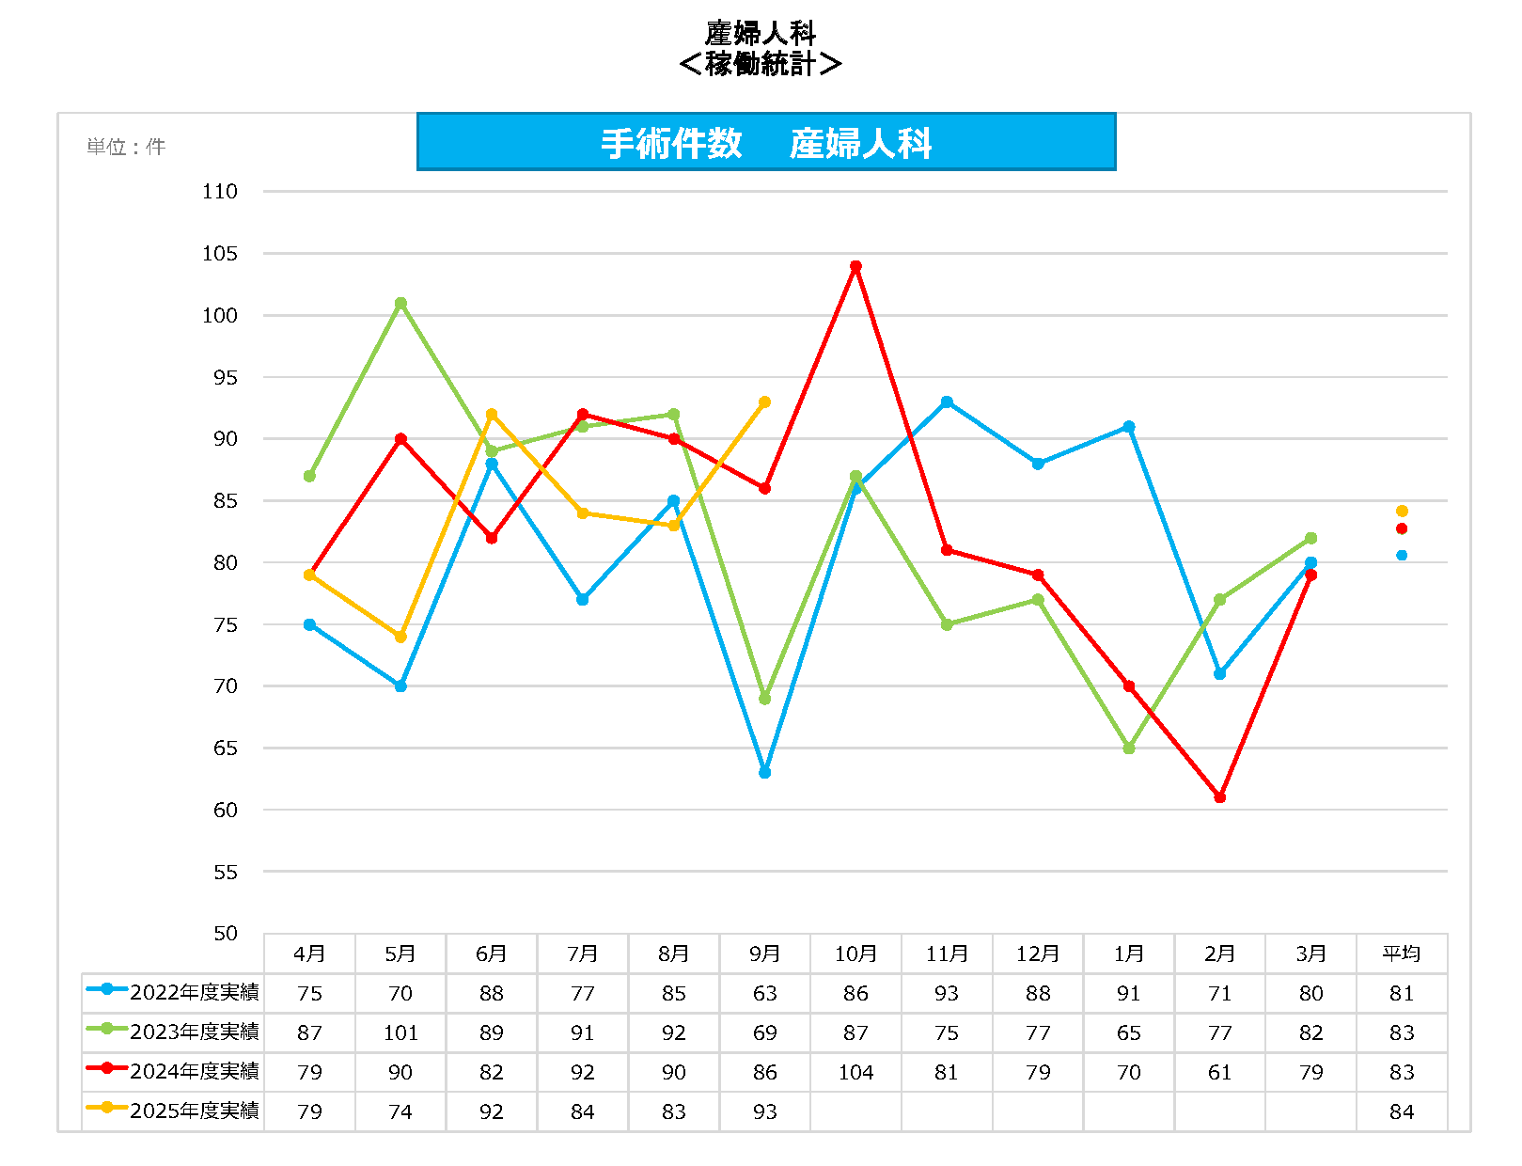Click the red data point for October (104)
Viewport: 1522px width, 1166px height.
(x=855, y=267)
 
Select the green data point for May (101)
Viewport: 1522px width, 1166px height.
(x=400, y=304)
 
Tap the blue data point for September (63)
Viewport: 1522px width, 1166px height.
(x=764, y=773)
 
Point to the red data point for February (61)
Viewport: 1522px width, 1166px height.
(x=1219, y=797)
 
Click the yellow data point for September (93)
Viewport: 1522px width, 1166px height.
(x=764, y=402)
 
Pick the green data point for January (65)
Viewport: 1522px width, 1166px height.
(x=1129, y=748)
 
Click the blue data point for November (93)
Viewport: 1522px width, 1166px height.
(x=947, y=402)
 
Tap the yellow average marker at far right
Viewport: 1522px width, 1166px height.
(x=1402, y=512)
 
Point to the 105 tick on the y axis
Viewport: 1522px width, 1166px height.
(x=220, y=254)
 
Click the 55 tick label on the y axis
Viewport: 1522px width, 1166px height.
(x=226, y=873)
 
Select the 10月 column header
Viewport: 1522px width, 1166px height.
(x=855, y=954)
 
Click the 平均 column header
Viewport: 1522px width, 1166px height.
(x=1402, y=954)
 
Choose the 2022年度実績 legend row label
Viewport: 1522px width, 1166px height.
(x=194, y=993)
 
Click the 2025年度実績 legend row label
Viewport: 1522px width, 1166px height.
(x=194, y=1111)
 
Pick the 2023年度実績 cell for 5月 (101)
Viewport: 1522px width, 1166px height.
(x=400, y=1033)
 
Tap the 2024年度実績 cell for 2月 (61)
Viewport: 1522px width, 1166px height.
(x=1219, y=1073)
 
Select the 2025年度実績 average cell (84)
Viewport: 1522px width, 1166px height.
(x=1402, y=1112)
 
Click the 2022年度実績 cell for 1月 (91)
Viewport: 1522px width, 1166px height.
(x=1129, y=994)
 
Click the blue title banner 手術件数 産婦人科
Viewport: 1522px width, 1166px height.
(x=766, y=143)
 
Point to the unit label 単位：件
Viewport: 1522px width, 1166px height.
(x=126, y=148)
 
